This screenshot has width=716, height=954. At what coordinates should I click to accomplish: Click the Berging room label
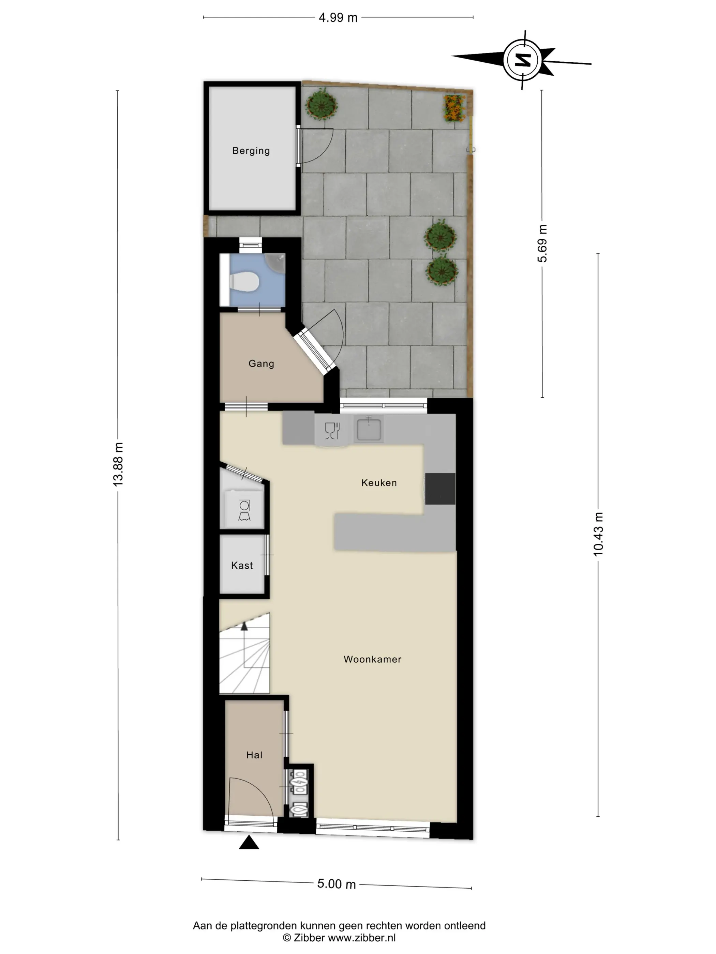pyautogui.click(x=251, y=151)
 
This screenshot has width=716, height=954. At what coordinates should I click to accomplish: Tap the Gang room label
pyautogui.click(x=261, y=363)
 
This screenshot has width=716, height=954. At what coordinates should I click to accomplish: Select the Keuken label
pyautogui.click(x=379, y=482)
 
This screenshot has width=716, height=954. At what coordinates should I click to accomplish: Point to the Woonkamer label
pyautogui.click(x=372, y=659)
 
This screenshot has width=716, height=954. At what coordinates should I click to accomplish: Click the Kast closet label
pyautogui.click(x=242, y=565)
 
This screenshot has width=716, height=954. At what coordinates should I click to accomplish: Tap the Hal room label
pyautogui.click(x=254, y=755)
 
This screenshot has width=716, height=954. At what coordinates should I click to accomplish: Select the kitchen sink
pyautogui.click(x=369, y=429)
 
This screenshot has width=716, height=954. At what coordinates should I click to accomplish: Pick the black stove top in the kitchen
pyautogui.click(x=440, y=489)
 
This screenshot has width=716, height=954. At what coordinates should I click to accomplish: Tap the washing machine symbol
pyautogui.click(x=244, y=510)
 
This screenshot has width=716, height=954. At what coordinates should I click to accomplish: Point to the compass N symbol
pyautogui.click(x=524, y=60)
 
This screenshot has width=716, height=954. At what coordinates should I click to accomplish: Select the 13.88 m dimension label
pyautogui.click(x=118, y=464)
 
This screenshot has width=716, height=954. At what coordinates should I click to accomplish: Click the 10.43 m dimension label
pyautogui.click(x=598, y=534)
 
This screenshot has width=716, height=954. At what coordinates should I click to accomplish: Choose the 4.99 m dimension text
pyautogui.click(x=338, y=18)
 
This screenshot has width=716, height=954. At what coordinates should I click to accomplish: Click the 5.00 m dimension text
pyautogui.click(x=337, y=884)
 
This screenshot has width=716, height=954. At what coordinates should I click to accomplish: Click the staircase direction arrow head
pyautogui.click(x=244, y=626)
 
